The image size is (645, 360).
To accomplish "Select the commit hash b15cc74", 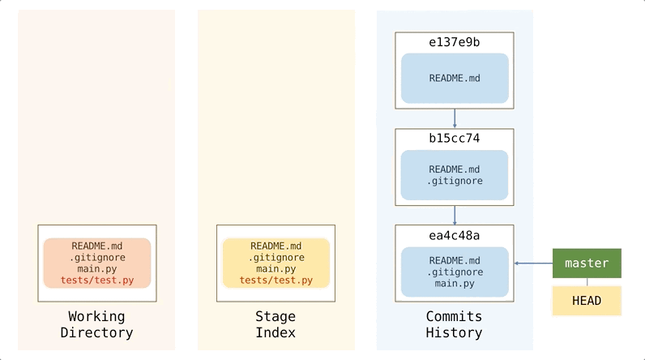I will (454, 139).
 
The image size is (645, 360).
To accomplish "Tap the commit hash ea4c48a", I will (454, 235).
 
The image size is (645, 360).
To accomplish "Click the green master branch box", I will (587, 264).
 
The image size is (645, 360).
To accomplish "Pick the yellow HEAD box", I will (587, 301).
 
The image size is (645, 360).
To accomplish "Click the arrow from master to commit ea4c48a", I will (533, 264).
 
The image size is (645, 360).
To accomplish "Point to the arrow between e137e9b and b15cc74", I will (455, 118).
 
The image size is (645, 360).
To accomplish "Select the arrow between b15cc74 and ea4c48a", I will (455, 215).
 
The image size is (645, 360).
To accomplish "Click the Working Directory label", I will (100, 324).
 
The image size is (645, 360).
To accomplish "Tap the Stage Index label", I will (276, 324).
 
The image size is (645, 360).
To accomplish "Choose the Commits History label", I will (454, 324).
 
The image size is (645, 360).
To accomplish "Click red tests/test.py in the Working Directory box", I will (97, 281).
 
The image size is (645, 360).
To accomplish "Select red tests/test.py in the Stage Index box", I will (276, 281).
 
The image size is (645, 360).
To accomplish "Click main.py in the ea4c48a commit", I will (455, 284).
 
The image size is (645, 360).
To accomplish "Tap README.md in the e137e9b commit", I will (455, 79).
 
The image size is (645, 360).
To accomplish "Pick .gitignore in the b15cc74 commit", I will (455, 181).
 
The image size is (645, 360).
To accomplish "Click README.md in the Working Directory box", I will (97, 246).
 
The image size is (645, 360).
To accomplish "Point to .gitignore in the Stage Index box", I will (276, 257).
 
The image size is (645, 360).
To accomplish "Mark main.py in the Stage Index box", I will (276, 268).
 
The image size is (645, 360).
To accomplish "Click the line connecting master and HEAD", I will (587, 282).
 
